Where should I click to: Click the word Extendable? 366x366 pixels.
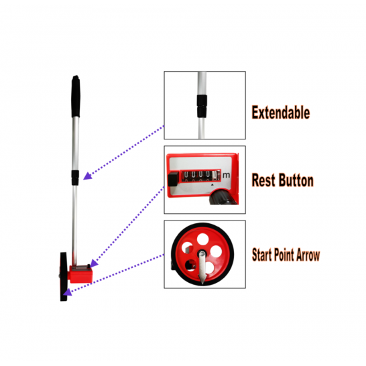281,113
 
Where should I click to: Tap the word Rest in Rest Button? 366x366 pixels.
263,180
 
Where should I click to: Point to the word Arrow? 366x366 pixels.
308,255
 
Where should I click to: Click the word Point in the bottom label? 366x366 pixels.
284,255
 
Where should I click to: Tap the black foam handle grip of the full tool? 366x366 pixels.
75,97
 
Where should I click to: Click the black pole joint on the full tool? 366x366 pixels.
75,178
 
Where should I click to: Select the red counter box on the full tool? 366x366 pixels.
80,274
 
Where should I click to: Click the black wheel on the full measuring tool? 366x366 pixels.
64,277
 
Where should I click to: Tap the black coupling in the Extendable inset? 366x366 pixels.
202,106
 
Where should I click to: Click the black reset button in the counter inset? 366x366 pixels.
173,179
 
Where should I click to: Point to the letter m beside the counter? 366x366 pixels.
226,175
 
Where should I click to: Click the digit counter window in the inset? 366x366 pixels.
200,176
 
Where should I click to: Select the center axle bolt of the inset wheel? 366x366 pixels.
202,253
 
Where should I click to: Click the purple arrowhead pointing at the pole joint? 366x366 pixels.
87,176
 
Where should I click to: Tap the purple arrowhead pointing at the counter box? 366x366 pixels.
94,263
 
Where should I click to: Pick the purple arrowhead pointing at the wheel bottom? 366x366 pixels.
68,292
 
